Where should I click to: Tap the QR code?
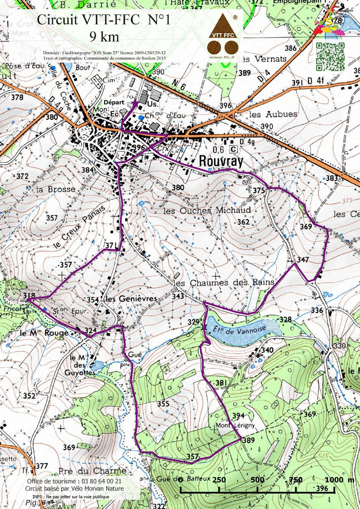point(330,57)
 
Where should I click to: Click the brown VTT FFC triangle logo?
point(223,27)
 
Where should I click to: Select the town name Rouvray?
point(221,161)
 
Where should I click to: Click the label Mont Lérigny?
point(235,425)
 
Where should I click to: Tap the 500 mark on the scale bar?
point(257,480)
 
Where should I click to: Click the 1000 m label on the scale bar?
point(339,479)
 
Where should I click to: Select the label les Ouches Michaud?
point(207,210)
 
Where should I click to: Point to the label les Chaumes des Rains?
point(224,283)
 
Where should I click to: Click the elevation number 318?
point(29,296)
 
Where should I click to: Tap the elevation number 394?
point(238,416)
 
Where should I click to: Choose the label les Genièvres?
point(131,299)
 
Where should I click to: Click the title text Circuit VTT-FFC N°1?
point(103,20)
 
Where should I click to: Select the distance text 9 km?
point(104,36)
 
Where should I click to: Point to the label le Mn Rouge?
point(44,333)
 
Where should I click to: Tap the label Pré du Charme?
point(92,471)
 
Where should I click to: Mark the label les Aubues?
point(273,114)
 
